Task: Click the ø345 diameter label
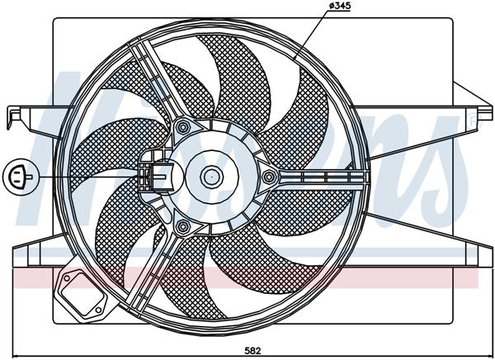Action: click(342, 7)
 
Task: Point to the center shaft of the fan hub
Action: click(210, 175)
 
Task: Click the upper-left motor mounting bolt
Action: click(182, 127)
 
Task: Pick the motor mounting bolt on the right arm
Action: click(268, 176)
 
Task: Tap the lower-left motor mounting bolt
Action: click(182, 225)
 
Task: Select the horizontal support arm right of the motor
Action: click(322, 176)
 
